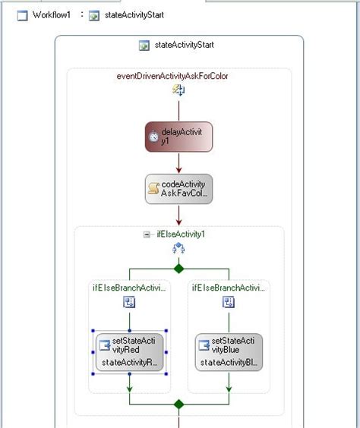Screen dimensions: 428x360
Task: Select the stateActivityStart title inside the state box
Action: pyautogui.click(x=184, y=46)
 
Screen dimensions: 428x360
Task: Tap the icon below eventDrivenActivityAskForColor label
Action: pyautogui.click(x=178, y=90)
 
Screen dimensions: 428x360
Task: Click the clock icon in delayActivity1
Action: pyautogui.click(x=154, y=137)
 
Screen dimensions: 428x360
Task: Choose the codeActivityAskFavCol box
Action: pyautogui.click(x=178, y=189)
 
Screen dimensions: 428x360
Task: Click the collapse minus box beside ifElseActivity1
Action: pyautogui.click(x=147, y=234)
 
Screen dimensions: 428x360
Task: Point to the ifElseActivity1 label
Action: pyautogui.click(x=181, y=234)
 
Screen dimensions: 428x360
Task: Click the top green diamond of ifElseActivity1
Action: pyautogui.click(x=178, y=268)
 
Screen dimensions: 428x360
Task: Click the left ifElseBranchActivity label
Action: pyautogui.click(x=128, y=288)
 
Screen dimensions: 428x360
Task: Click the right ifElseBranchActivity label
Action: pyautogui.click(x=229, y=288)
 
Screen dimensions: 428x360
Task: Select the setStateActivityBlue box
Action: pyautogui.click(x=229, y=352)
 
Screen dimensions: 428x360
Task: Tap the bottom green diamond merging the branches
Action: pyautogui.click(x=178, y=404)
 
